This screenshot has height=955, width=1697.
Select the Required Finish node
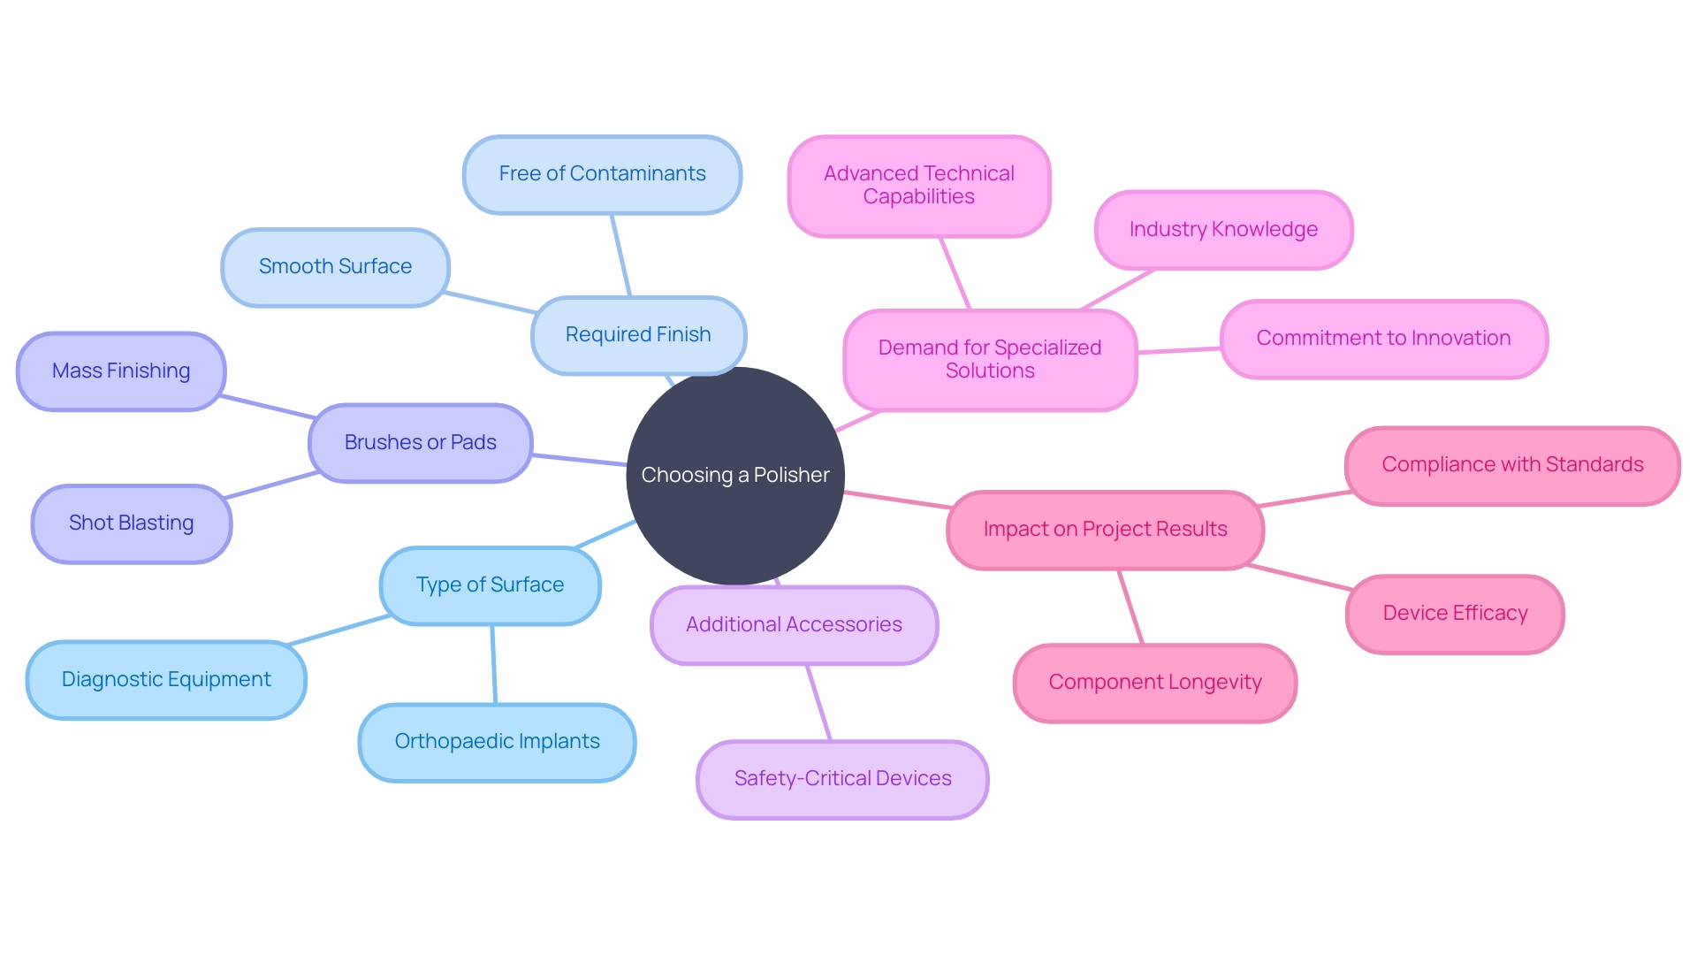point(638,335)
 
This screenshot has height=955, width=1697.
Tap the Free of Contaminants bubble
point(602,174)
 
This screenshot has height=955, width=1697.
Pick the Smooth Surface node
point(335,267)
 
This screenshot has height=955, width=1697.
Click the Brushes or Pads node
point(420,443)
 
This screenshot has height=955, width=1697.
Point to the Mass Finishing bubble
point(121,371)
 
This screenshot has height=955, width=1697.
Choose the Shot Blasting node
point(131,523)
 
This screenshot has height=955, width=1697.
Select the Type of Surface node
point(490,585)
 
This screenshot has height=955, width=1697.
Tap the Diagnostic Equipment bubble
point(166,680)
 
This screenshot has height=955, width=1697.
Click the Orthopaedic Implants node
point(497,742)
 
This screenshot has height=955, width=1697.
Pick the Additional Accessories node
point(794,625)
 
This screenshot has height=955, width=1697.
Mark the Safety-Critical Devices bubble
point(842,779)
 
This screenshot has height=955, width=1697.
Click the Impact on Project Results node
point(1105,530)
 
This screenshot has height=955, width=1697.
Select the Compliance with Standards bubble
point(1512,465)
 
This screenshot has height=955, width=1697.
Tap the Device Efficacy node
point(1455,614)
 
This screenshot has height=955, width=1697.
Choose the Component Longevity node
point(1154,683)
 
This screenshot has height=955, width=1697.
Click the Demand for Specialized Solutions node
point(990,360)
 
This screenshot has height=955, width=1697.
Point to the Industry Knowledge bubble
point(1223,230)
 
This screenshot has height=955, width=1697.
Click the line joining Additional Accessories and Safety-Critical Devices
point(818,702)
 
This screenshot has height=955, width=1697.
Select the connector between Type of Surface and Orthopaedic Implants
point(494,664)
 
